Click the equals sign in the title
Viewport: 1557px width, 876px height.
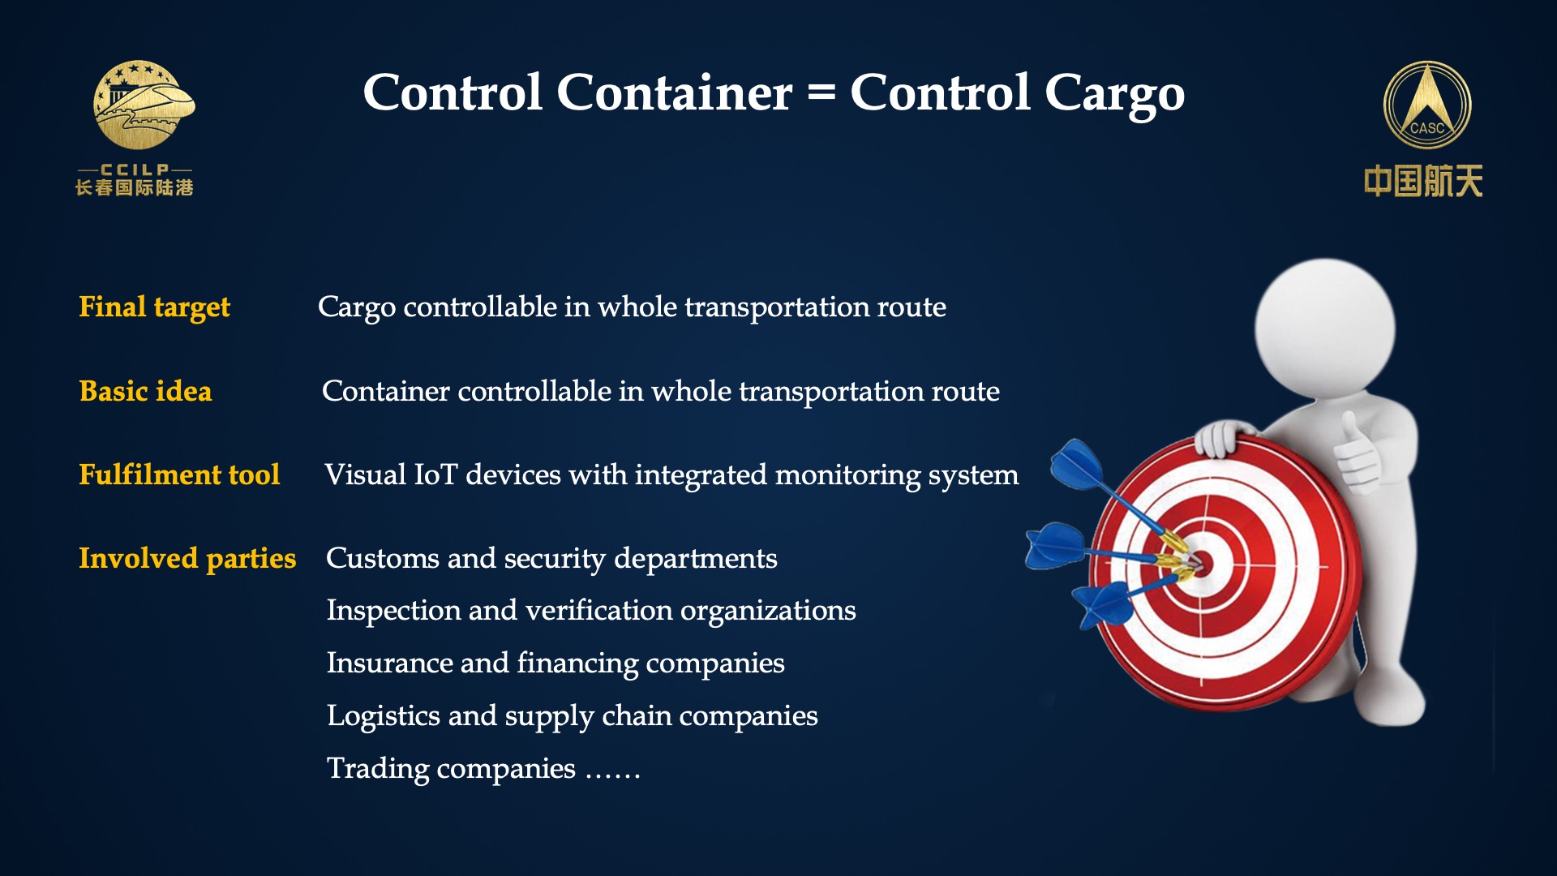pyautogui.click(x=821, y=93)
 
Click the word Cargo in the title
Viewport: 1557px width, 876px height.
pyautogui.click(x=1114, y=96)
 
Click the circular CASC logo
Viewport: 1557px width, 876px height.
pyautogui.click(x=1427, y=105)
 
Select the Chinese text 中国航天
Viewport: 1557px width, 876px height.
pyautogui.click(x=1423, y=181)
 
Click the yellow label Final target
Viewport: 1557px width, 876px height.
pyautogui.click(x=154, y=307)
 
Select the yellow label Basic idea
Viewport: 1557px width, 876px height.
pyautogui.click(x=145, y=391)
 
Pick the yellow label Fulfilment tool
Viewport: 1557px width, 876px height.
pyautogui.click(x=179, y=474)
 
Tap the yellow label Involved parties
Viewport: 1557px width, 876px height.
pyautogui.click(x=187, y=559)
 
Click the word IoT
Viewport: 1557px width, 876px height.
pyautogui.click(x=436, y=474)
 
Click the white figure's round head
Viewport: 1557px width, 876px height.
pyautogui.click(x=1325, y=328)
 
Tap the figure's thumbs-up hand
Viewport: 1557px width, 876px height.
pyautogui.click(x=1356, y=453)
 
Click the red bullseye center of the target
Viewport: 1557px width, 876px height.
pyautogui.click(x=1203, y=563)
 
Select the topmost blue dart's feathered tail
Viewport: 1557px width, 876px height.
pyautogui.click(x=1077, y=464)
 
